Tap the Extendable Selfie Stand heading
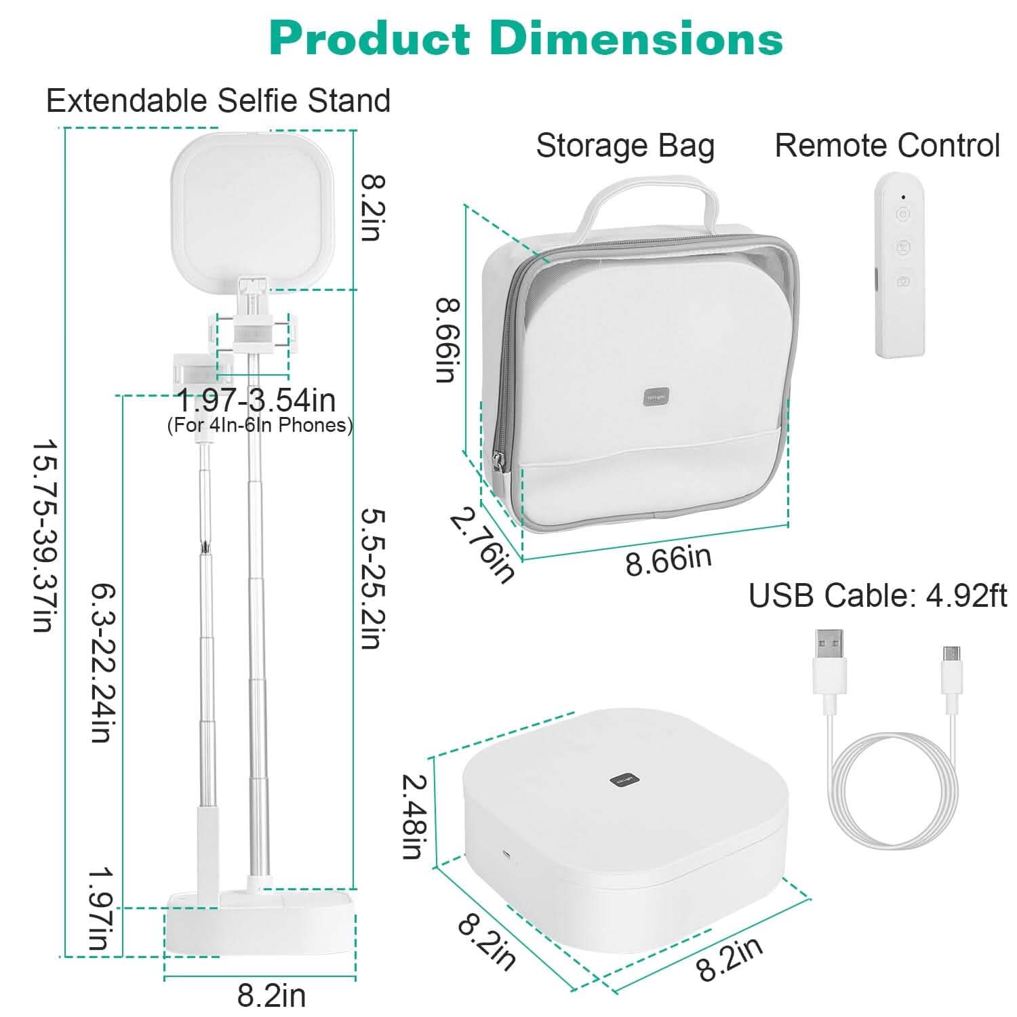[218, 101]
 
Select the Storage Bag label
[625, 146]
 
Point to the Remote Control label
[887, 146]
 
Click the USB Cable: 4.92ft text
[877, 596]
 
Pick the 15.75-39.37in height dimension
[42, 536]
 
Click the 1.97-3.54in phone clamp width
[256, 401]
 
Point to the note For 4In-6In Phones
[260, 426]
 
